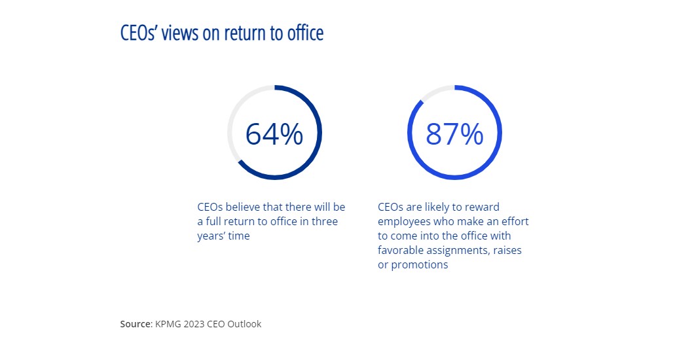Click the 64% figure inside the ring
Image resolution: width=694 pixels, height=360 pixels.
[274, 134]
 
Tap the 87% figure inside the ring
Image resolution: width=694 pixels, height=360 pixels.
[454, 134]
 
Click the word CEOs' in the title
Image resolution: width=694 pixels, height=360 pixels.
[139, 33]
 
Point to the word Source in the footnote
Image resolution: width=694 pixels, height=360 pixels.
[136, 324]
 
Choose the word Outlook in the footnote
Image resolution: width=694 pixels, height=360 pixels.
[244, 324]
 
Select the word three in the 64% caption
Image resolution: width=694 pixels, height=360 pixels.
[324, 221]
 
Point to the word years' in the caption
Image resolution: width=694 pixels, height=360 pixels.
[212, 236]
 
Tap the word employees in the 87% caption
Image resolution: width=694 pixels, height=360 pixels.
[403, 221]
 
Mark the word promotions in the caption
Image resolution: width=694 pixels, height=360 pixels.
[420, 264]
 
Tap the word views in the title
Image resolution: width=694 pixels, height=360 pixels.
[183, 33]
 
